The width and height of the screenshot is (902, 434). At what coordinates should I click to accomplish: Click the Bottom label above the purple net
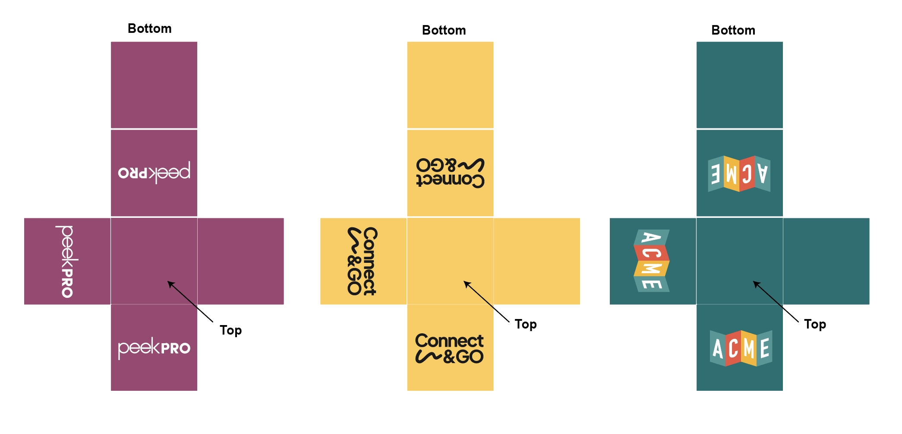149,29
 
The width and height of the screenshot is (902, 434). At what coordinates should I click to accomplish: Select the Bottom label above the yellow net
444,30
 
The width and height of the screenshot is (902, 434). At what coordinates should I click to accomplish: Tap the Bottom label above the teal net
733,30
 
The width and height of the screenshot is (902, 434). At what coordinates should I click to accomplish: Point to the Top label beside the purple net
230,331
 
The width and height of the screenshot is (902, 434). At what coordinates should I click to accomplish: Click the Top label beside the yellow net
526,325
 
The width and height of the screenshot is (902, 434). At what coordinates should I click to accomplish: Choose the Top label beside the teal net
815,325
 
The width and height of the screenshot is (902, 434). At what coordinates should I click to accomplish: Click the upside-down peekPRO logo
154,172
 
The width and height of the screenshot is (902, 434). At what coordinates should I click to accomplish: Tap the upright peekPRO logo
154,348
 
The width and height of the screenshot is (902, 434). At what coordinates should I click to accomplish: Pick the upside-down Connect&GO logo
450,172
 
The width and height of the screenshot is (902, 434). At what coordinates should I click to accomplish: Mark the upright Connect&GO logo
449,348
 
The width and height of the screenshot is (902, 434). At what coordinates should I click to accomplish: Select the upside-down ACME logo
739,174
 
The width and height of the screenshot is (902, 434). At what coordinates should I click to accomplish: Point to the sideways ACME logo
652,261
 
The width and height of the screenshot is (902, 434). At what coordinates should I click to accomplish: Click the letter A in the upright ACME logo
718,348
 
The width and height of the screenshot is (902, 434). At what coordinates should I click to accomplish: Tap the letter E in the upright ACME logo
764,348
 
